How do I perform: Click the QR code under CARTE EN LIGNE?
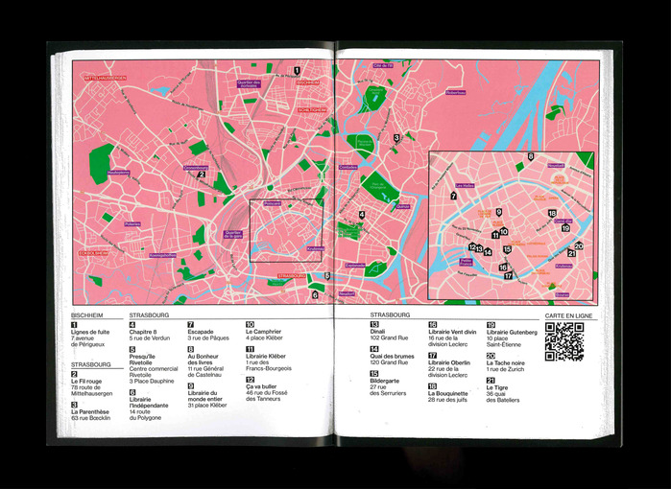click(563, 341)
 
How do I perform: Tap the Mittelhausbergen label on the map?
click(106, 78)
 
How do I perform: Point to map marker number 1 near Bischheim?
click(298, 70)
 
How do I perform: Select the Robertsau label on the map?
click(455, 93)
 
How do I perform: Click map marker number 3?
click(395, 138)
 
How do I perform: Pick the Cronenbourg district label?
click(196, 168)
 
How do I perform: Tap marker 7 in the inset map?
click(452, 196)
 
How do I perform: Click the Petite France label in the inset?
click(467, 260)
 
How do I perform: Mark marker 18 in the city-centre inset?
click(552, 213)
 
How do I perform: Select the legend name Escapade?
click(201, 331)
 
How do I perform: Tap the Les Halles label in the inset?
click(466, 186)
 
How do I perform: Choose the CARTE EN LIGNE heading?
click(569, 314)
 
